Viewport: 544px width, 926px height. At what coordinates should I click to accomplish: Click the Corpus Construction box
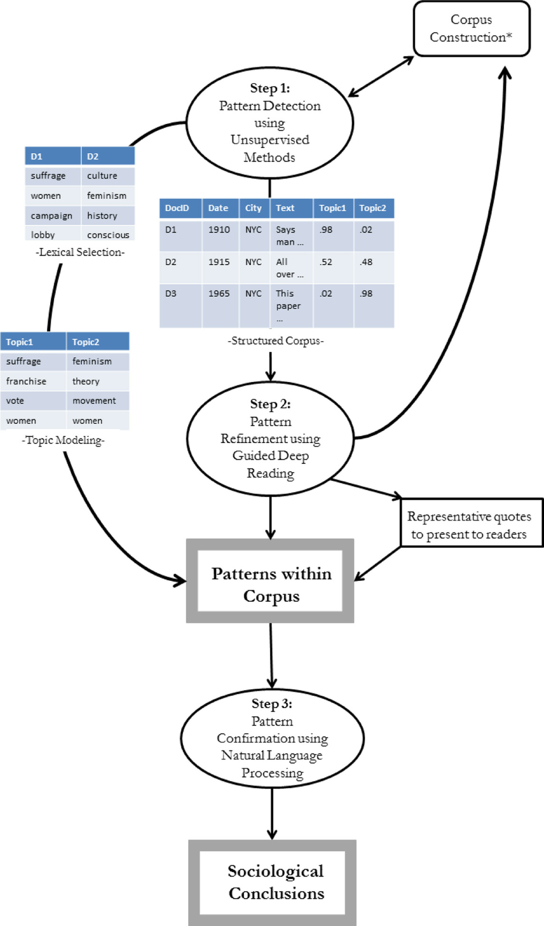point(471,28)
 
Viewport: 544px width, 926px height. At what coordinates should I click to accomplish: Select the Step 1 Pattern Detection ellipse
point(270,123)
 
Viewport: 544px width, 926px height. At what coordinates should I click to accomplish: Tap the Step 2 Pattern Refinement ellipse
point(270,438)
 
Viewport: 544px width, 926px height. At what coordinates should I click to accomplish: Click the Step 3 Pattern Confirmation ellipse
point(272,738)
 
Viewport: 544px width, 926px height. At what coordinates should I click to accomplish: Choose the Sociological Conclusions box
point(273,882)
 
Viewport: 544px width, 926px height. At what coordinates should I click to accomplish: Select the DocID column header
point(177,208)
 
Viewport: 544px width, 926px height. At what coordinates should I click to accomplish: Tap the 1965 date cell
point(219,293)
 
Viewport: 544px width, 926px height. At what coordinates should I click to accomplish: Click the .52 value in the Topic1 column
point(326,262)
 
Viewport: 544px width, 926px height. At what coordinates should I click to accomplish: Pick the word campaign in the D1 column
point(51,216)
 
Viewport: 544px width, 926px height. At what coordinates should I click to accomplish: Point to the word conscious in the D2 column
point(108,235)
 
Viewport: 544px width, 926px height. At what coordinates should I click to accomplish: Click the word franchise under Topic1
point(26,381)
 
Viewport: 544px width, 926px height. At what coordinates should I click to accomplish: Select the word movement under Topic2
point(94,401)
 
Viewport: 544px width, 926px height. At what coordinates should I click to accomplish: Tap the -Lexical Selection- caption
point(80,252)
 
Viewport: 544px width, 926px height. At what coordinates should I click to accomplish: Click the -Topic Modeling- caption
point(63,440)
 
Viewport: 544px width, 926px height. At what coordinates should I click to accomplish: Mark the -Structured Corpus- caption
point(276,340)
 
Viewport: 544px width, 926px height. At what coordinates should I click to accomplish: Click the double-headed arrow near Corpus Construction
point(382,76)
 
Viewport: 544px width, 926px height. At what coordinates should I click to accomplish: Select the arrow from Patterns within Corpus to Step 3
point(271,655)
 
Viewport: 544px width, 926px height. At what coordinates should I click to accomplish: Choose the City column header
point(253,208)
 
